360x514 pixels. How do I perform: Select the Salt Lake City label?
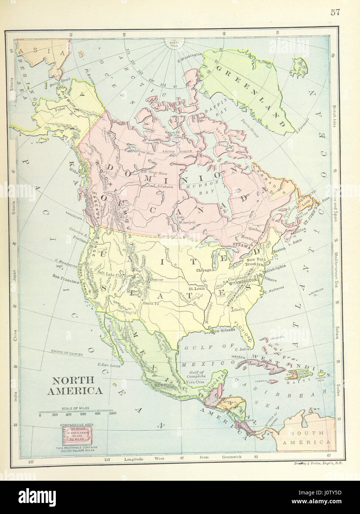click(111, 275)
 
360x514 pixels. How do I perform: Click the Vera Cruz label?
click(195, 381)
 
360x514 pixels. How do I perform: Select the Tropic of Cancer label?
click(67, 354)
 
